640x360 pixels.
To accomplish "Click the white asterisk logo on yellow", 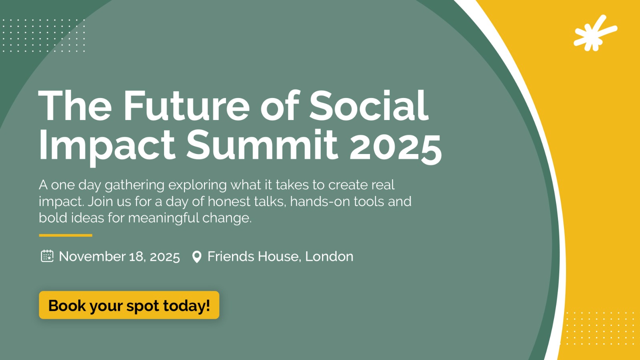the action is [595, 34].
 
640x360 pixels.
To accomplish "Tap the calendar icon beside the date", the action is [47, 256].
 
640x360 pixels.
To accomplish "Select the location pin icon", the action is [197, 256].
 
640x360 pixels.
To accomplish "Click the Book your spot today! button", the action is [129, 305].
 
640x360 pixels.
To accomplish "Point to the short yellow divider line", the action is [66, 236].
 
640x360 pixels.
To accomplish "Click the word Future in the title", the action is [186, 106].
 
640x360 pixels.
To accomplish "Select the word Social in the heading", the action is [369, 106].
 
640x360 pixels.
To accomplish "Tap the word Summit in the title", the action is [262, 144].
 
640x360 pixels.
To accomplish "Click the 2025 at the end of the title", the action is [396, 146].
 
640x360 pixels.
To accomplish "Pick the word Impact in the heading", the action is [107, 147].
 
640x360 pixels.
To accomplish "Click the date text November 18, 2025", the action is [120, 256].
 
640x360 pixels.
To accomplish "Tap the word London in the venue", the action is [329, 256].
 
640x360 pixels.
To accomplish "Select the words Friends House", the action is [253, 256].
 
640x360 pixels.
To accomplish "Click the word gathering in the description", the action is [134, 186].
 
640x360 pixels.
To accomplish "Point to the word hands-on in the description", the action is [320, 201].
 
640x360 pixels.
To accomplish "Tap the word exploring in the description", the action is [198, 186].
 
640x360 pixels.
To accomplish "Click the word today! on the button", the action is [186, 306].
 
